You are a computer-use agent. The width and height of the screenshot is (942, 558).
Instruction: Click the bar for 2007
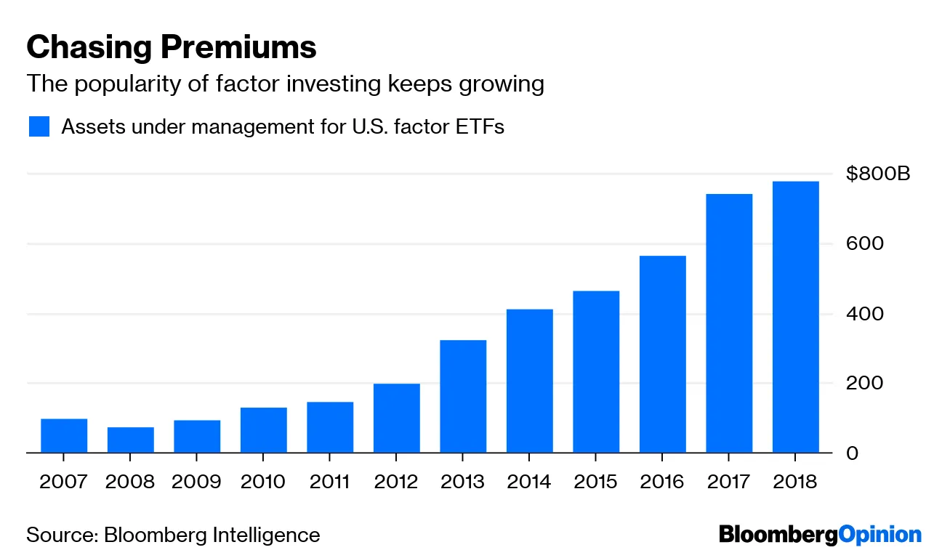pyautogui.click(x=64, y=436)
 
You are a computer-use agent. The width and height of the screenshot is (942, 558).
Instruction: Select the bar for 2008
pyautogui.click(x=131, y=440)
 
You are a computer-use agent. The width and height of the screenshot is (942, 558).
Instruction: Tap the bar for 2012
pyautogui.click(x=397, y=418)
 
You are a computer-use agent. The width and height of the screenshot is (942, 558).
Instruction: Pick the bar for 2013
pyautogui.click(x=463, y=397)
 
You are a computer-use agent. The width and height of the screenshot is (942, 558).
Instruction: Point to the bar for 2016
pyautogui.click(x=663, y=355)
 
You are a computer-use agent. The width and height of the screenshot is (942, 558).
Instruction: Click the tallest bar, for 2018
pyautogui.click(x=796, y=317)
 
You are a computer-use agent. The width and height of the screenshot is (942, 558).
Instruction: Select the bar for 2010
pyautogui.click(x=264, y=430)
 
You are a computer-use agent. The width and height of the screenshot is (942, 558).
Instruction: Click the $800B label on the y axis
pyautogui.click(x=878, y=174)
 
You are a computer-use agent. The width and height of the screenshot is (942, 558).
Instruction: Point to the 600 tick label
pyautogui.click(x=864, y=243)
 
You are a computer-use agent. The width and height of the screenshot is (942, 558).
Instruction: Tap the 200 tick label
pyautogui.click(x=864, y=383)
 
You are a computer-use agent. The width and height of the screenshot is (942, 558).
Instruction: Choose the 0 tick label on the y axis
pyautogui.click(x=853, y=453)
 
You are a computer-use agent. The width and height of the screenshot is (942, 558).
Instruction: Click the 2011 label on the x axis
pyautogui.click(x=330, y=482)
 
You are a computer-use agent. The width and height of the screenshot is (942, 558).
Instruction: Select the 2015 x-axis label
pyautogui.click(x=596, y=482)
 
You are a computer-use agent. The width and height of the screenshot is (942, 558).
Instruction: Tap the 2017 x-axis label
pyautogui.click(x=729, y=482)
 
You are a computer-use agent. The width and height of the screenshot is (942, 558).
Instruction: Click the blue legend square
pyautogui.click(x=39, y=126)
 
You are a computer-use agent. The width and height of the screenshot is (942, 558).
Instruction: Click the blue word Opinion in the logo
pyautogui.click(x=879, y=535)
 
